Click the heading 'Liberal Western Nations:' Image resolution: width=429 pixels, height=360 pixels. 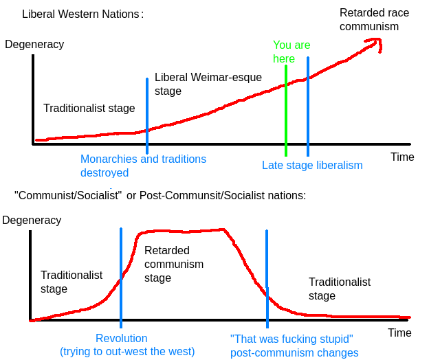tap(82, 14)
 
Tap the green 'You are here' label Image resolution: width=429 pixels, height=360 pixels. tap(291, 52)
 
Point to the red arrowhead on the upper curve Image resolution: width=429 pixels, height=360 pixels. tap(374, 43)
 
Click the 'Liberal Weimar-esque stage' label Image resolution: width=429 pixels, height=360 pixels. tap(208, 84)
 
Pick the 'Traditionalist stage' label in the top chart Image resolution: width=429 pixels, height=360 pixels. tap(89, 109)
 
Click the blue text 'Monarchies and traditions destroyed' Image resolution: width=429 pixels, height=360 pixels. tap(143, 166)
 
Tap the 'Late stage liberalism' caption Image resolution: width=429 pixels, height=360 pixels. tap(312, 165)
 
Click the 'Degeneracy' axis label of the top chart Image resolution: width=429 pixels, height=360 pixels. tap(34, 45)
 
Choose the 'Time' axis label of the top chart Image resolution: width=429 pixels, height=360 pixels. tap(402, 157)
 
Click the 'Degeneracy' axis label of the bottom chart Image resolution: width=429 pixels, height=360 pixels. tap(32, 221)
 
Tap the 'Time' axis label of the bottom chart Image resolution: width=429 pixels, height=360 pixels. tap(399, 333)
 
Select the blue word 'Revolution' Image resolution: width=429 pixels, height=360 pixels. tap(121, 338)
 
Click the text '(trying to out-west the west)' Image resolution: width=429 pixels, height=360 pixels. tap(127, 352)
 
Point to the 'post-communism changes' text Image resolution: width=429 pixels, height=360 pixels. tap(294, 353)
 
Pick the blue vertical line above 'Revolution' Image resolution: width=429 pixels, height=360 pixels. tap(121, 275)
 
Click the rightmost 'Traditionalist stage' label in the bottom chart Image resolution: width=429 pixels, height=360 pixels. tap(340, 289)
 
